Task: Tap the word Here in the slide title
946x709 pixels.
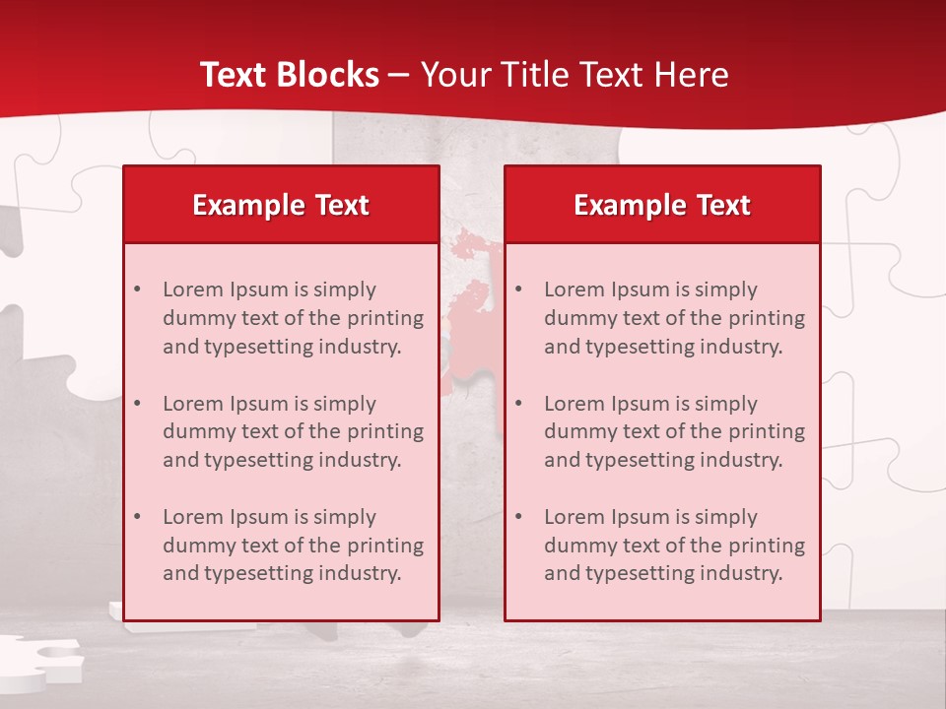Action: click(x=689, y=75)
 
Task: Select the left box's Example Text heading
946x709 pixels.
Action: click(x=281, y=205)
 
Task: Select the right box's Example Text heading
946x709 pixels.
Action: click(x=662, y=205)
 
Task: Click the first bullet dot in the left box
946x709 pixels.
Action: click(x=137, y=290)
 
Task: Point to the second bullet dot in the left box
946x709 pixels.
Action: click(x=137, y=404)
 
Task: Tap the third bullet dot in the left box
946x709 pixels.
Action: click(x=137, y=517)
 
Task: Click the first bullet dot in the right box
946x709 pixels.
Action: click(x=518, y=290)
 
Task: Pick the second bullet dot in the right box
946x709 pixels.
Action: click(x=518, y=404)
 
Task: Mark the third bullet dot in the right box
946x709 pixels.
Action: click(x=518, y=517)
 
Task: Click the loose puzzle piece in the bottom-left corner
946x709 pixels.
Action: click(x=39, y=658)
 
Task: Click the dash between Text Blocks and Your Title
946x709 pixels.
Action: click(x=399, y=76)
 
